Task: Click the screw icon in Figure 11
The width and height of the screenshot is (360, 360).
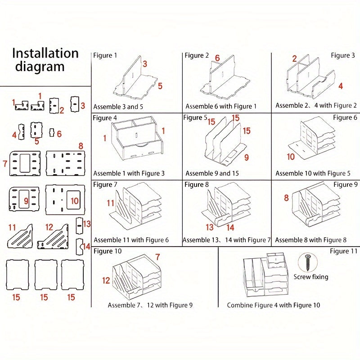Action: coord(307,262)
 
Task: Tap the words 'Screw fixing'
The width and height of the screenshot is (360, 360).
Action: coord(311,277)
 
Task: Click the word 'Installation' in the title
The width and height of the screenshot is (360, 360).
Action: coord(45,53)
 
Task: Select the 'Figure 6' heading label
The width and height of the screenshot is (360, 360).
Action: coord(345,117)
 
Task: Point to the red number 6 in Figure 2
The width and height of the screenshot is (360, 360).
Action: coord(217,58)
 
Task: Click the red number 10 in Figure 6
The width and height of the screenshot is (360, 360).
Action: coord(291,157)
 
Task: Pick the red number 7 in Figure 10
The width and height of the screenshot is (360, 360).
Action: coord(157,257)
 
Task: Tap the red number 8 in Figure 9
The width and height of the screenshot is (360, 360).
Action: coord(286,198)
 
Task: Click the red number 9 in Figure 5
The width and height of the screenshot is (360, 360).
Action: coord(246,157)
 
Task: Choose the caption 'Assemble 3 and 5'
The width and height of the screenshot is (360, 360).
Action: coord(118,107)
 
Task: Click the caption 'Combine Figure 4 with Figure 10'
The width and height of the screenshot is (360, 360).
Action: coord(274,305)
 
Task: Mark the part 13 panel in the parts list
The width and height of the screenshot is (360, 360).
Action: coord(79,226)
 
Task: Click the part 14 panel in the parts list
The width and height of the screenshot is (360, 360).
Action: coord(80,247)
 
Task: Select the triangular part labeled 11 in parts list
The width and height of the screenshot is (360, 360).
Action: coord(20,237)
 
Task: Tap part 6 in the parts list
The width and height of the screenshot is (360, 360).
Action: coord(52,132)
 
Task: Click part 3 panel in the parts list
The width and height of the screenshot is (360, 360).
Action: coord(75,104)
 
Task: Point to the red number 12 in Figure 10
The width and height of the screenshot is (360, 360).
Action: coord(106,280)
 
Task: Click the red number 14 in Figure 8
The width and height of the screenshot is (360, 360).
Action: coord(230,228)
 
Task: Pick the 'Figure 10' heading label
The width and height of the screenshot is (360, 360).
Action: coord(108,251)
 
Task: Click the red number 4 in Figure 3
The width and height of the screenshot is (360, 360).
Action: coord(341,86)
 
